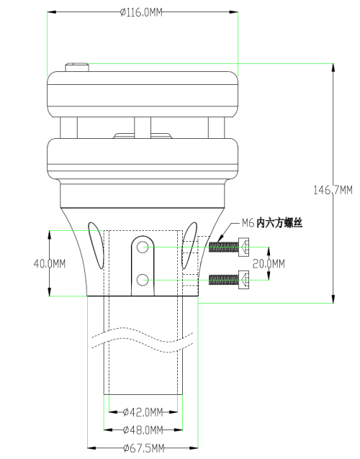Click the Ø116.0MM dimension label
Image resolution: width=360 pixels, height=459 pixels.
141,12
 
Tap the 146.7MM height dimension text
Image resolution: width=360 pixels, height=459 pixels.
333,190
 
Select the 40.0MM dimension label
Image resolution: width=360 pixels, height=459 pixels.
50,264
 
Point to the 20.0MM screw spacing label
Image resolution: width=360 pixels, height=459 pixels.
269,264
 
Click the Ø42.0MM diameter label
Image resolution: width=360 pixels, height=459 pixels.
143,412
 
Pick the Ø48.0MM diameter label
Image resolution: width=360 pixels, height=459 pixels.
143,430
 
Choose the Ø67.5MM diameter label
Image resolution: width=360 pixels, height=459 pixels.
143,448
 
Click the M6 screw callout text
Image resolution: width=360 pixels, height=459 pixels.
272,223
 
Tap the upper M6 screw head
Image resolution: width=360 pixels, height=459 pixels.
243,247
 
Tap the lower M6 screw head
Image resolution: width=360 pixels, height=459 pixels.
243,280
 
